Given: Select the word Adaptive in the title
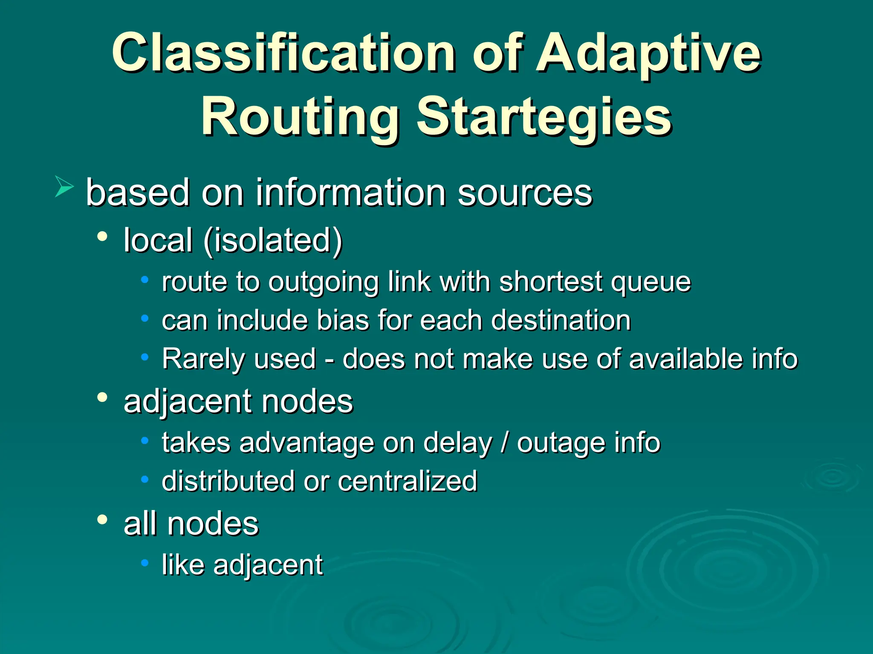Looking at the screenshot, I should pyautogui.click(x=648, y=53).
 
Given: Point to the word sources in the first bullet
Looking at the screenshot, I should pyautogui.click(x=525, y=193).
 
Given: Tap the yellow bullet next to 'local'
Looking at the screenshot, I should pyautogui.click(x=102, y=237).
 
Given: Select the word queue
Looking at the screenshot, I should pyautogui.click(x=650, y=282).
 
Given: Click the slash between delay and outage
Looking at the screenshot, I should pyautogui.click(x=504, y=443).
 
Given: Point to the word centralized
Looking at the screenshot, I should pyautogui.click(x=407, y=481).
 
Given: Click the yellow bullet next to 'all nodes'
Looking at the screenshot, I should pyautogui.click(x=102, y=519).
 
